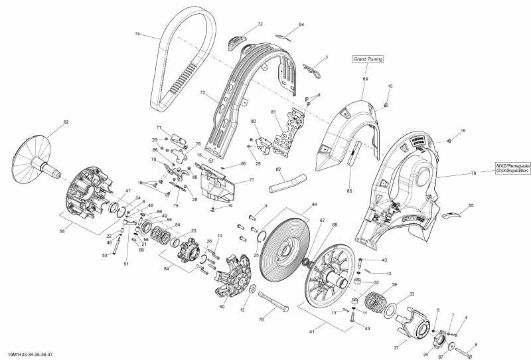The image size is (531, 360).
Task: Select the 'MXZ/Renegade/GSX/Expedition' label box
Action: [512, 168]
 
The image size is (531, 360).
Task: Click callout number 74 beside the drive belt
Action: [137, 34]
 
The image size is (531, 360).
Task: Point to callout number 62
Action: [66, 122]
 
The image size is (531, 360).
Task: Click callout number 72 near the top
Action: [260, 24]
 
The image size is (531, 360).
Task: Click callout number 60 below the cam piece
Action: [222, 307]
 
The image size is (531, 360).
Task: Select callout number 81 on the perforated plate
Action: [272, 112]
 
